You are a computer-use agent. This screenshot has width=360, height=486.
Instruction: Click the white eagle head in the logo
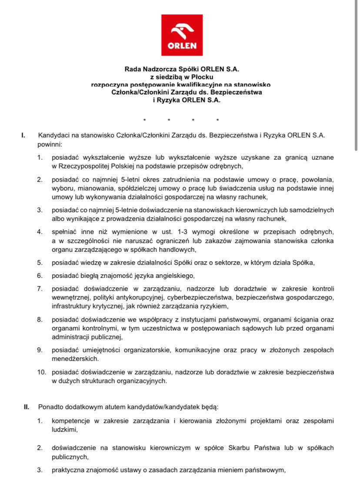(x=182, y=32)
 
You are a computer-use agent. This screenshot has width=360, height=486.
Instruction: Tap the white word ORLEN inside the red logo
(x=182, y=45)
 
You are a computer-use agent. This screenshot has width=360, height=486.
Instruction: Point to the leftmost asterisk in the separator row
(x=145, y=120)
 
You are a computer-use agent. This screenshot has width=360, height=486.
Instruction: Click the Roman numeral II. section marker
(x=27, y=407)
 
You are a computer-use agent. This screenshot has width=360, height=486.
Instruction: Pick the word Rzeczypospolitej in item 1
(x=82, y=166)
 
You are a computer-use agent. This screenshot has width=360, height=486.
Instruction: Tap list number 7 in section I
(x=39, y=288)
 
